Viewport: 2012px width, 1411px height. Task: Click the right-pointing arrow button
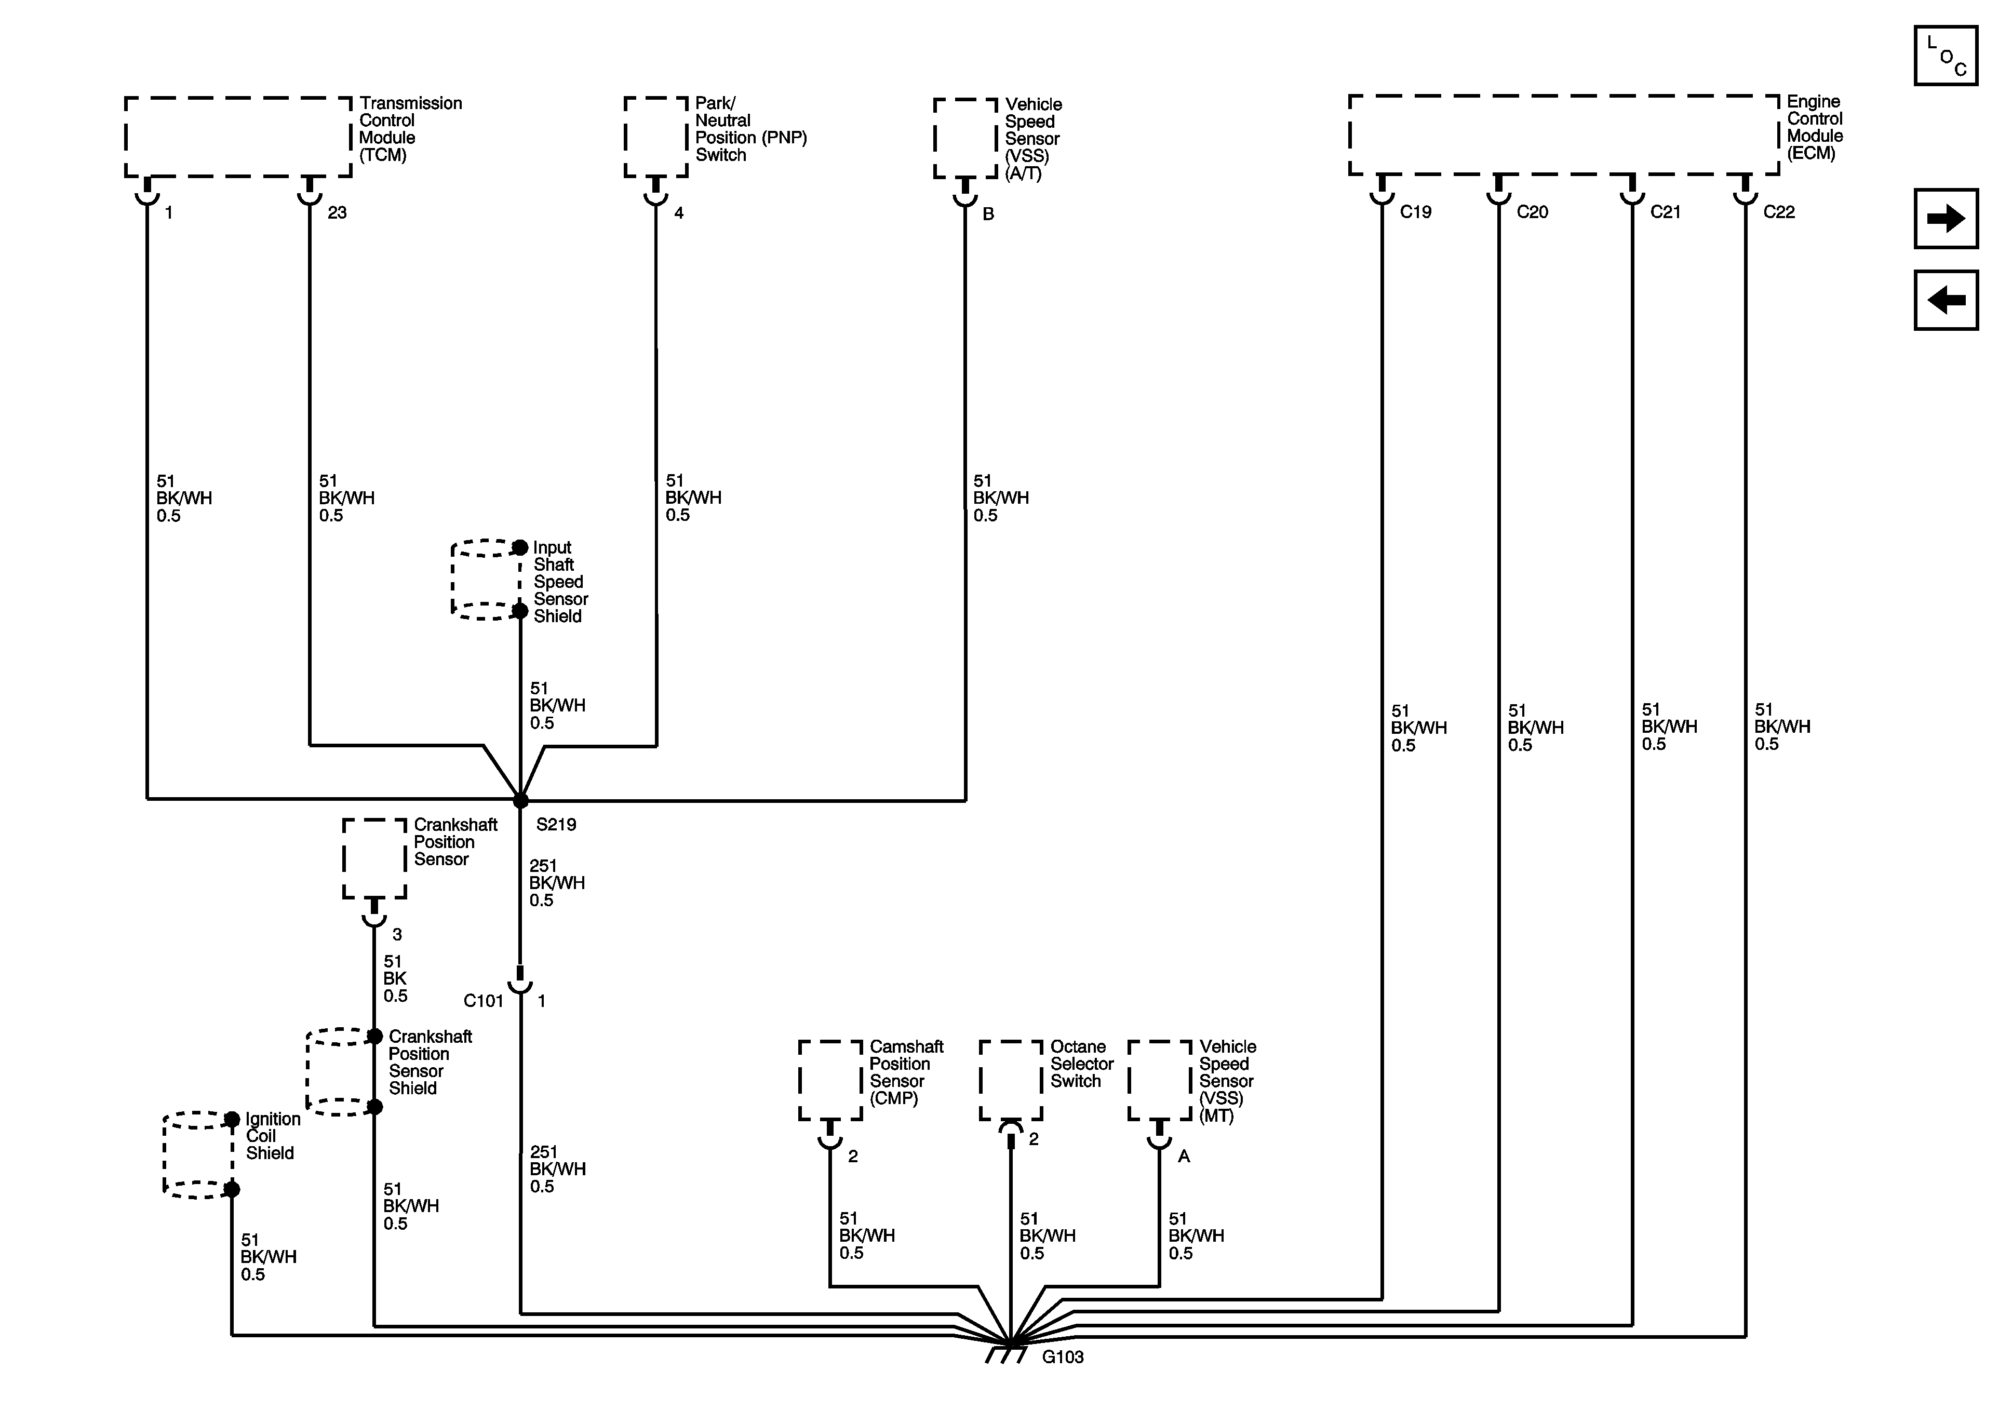click(x=1946, y=218)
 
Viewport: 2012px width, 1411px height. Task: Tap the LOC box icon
click(x=1946, y=55)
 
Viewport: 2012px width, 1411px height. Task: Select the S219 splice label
click(x=556, y=825)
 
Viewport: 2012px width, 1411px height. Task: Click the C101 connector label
click(x=483, y=1001)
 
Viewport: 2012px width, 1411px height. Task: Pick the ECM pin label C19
click(x=1415, y=212)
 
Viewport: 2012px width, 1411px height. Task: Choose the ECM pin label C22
click(x=1779, y=212)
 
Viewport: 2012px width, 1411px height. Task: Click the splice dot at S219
click(x=520, y=801)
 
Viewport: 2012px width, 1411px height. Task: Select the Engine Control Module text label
click(x=1814, y=127)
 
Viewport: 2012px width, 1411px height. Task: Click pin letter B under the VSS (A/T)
click(x=988, y=214)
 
